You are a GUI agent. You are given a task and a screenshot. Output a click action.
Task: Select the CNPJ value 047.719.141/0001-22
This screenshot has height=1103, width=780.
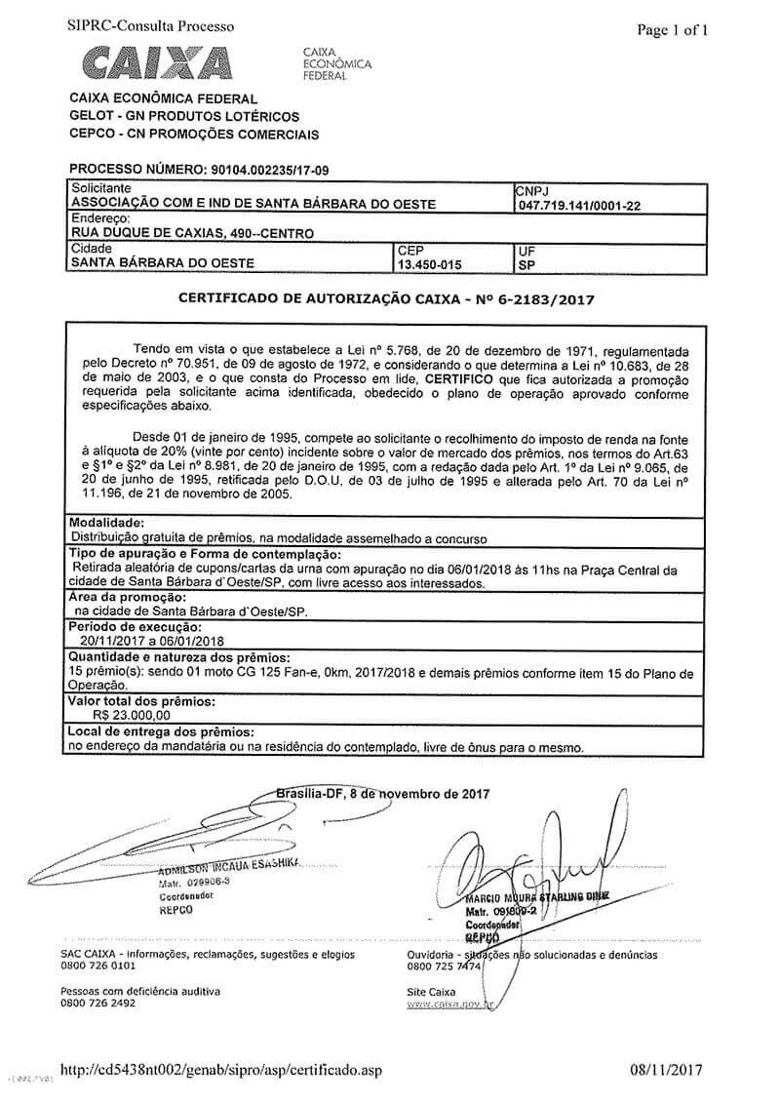[579, 206]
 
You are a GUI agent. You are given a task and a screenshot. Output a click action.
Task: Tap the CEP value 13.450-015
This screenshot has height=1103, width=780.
[429, 263]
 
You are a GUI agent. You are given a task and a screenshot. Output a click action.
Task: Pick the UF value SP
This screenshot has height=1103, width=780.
[526, 263]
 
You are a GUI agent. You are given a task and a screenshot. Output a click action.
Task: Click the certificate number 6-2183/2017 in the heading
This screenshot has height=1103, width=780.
[546, 302]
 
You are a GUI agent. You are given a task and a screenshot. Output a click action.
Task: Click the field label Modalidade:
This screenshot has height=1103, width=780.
[107, 524]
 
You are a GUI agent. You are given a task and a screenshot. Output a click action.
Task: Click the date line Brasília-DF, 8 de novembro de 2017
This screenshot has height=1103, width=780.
[383, 794]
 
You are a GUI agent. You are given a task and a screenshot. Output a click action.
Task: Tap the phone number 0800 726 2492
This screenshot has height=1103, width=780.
[97, 1003]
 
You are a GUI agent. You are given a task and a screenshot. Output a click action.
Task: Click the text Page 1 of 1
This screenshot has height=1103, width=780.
[672, 30]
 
